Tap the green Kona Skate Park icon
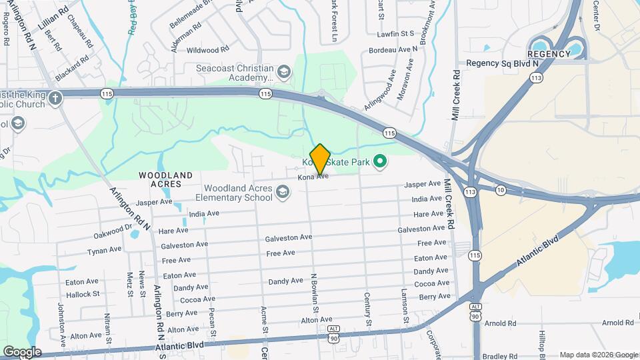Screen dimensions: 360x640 click(380, 161)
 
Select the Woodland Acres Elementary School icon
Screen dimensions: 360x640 click(283, 193)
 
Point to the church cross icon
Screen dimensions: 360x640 click(55, 98)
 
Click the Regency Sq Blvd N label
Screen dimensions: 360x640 click(502, 63)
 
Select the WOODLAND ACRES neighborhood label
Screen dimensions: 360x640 click(165, 179)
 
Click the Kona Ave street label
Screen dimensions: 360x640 click(313, 177)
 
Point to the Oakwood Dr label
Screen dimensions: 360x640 click(113, 231)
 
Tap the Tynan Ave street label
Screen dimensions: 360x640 click(105, 251)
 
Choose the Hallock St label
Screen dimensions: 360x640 click(82, 293)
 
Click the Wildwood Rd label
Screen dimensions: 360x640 click(207, 50)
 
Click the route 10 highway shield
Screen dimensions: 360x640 click(500, 191)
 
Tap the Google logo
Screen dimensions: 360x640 click(21, 352)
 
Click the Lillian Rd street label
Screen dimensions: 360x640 click(53, 17)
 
